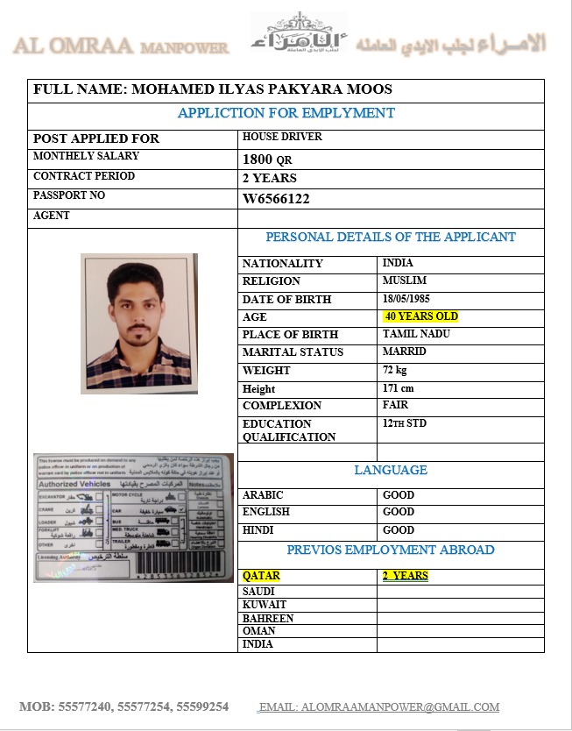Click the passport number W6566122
pos(276,199)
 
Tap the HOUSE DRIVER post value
pos(282,137)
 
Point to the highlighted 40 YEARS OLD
pos(420,316)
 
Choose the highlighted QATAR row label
pos(261,576)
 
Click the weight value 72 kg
pos(395,370)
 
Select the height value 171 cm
pos(398,388)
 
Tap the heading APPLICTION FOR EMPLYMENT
pos(286,113)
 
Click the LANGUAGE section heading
pos(391,471)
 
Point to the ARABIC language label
pos(263,495)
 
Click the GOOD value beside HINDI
pos(399,530)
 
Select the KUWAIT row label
pos(265,605)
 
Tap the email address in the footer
pos(378,706)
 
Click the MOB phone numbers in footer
pos(124,706)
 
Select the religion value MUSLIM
pos(405,280)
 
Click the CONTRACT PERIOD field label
pos(84,176)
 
